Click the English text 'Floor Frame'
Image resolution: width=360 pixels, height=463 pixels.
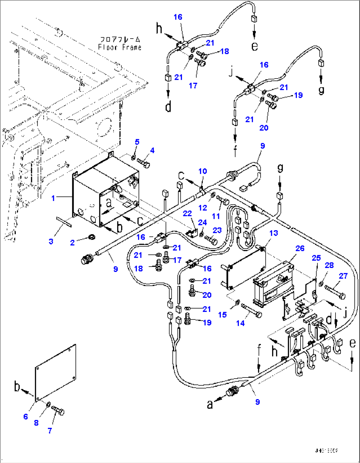[x=120, y=47]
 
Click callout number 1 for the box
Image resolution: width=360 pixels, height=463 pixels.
[x=53, y=198]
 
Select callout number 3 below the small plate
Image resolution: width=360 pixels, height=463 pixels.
[x=51, y=241]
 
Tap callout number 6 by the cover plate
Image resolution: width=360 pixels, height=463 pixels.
[x=26, y=416]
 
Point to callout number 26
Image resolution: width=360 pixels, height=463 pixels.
[x=300, y=248]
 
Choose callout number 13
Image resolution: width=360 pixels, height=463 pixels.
[x=273, y=233]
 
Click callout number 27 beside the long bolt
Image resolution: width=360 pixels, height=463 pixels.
[x=343, y=276]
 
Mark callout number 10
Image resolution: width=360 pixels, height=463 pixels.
[x=202, y=171]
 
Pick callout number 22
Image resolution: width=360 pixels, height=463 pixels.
[x=187, y=213]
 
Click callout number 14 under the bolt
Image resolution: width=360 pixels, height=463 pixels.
[x=240, y=323]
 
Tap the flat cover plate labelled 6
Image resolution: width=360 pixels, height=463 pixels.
[x=55, y=371]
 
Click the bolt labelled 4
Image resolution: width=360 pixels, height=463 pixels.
[x=144, y=163]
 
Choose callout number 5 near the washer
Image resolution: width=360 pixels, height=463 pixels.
[x=137, y=142]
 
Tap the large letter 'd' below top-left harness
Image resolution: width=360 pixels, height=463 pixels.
[x=168, y=107]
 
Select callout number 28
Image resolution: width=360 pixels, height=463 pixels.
[x=329, y=265]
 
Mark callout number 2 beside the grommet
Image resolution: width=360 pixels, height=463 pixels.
[x=73, y=243]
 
